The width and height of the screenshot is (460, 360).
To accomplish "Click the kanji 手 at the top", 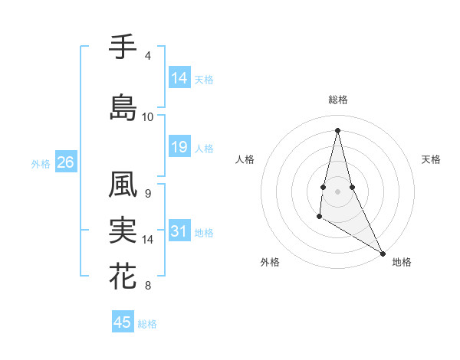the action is pyautogui.click(x=123, y=47).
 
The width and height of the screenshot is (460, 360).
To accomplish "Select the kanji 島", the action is pyautogui.click(x=123, y=106).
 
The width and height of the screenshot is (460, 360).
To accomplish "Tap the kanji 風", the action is pyautogui.click(x=123, y=185).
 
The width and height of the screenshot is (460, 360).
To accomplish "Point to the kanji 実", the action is pyautogui.click(x=123, y=231).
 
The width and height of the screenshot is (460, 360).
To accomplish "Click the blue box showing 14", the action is pyautogui.click(x=179, y=78).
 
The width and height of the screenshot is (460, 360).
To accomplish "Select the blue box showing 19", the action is pyautogui.click(x=179, y=147).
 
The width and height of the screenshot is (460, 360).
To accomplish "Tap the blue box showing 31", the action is pyautogui.click(x=179, y=231).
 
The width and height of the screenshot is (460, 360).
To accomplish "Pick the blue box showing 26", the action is pyautogui.click(x=65, y=162).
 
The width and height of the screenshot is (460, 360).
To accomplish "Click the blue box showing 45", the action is pyautogui.click(x=123, y=322).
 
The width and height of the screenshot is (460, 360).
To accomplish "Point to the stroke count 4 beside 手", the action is pyautogui.click(x=147, y=56).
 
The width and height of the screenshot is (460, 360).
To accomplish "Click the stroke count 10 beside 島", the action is pyautogui.click(x=147, y=117).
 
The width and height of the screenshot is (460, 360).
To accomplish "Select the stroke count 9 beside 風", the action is pyautogui.click(x=147, y=194).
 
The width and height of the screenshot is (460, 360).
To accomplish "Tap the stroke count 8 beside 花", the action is pyautogui.click(x=147, y=286).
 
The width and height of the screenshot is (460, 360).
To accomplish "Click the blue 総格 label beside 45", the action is pyautogui.click(x=147, y=324).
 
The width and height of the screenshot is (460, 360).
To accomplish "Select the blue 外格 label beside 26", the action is pyautogui.click(x=41, y=163).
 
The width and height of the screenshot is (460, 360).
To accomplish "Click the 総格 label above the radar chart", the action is pyautogui.click(x=338, y=100).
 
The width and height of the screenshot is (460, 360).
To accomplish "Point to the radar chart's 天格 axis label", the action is pyautogui.click(x=431, y=159).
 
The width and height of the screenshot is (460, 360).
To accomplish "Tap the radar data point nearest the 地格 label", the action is pyautogui.click(x=383, y=253).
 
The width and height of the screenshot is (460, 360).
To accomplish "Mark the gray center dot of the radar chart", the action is pyautogui.click(x=338, y=191).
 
